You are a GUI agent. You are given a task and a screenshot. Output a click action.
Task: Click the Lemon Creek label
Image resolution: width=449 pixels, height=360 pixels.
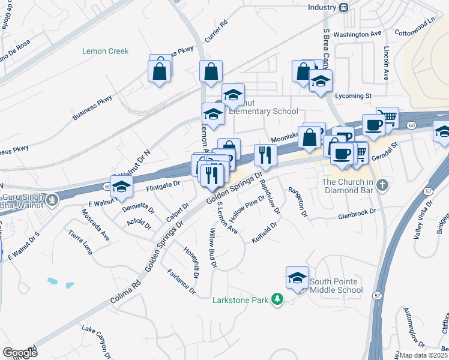[105, 51]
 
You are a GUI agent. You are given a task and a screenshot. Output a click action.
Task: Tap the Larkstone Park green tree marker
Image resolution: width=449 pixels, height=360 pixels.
[277, 298]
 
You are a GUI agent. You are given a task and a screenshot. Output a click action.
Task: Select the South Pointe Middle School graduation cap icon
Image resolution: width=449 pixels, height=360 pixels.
[297, 278]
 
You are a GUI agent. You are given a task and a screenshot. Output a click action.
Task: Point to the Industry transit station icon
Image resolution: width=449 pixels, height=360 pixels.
[344, 7]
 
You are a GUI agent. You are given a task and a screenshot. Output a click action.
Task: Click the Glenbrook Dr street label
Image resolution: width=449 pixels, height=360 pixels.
[357, 213]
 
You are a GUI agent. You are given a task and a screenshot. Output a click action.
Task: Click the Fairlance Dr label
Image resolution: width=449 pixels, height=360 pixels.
[181, 281]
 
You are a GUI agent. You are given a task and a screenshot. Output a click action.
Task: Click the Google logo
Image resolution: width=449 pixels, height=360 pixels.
[19, 352]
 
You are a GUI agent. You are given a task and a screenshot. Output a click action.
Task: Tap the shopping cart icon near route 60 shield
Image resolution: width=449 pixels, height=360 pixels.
[388, 118]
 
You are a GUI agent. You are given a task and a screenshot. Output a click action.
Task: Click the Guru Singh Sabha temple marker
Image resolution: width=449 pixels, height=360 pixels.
[53, 199]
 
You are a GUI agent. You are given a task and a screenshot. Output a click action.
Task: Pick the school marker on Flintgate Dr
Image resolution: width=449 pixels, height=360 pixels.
[121, 185]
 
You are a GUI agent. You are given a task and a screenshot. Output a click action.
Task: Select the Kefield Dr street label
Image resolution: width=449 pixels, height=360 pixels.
[264, 233]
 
